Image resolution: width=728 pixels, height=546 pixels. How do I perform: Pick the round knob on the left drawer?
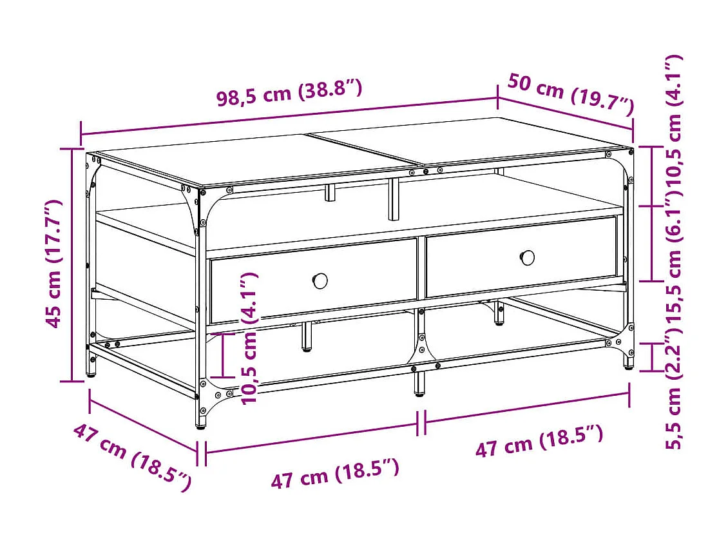pos(320,280)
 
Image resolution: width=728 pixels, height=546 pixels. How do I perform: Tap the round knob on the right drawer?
pos(528,258)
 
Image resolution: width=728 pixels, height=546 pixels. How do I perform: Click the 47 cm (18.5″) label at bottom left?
pos(132,456)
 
